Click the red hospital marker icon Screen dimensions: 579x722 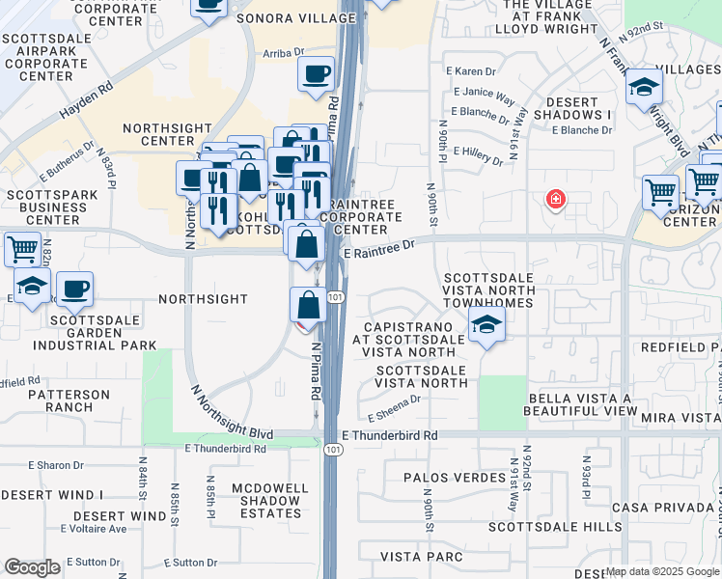pos(555,200)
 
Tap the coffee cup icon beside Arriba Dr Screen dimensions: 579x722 pos(316,74)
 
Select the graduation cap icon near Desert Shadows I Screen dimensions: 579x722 pos(642,90)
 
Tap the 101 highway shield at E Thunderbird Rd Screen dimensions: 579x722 pos(331,451)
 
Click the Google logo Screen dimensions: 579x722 pos(32,567)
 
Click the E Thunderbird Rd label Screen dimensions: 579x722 pos(389,436)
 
